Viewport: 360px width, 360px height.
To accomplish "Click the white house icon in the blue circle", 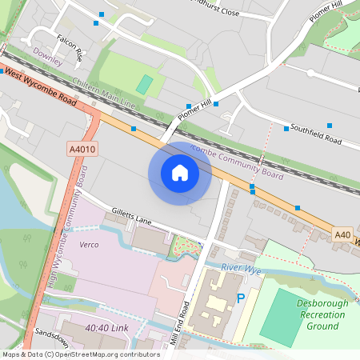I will click(x=180, y=173).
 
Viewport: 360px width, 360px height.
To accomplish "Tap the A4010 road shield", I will click(x=82, y=149).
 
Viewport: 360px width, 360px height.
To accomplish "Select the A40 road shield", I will click(x=342, y=234).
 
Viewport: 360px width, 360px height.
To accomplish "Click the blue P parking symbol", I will click(x=241, y=298).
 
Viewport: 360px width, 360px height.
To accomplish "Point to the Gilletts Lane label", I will click(x=132, y=218).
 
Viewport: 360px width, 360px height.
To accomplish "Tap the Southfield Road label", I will click(x=316, y=134).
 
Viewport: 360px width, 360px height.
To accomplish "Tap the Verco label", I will click(x=89, y=244).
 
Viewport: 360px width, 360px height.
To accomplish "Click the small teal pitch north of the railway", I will click(x=144, y=84).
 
